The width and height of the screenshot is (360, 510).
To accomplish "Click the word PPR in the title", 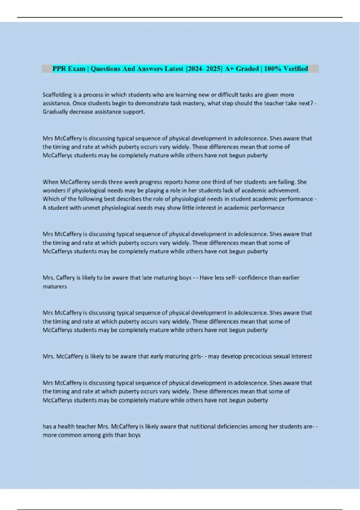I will point(59,69).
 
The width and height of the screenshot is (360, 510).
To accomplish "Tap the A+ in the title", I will point(229,69).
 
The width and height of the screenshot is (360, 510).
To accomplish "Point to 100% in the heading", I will point(272,69).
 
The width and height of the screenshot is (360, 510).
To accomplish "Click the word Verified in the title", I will point(295,69).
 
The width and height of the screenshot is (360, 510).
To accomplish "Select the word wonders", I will point(53,190).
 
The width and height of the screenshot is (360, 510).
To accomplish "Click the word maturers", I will point(55,286).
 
